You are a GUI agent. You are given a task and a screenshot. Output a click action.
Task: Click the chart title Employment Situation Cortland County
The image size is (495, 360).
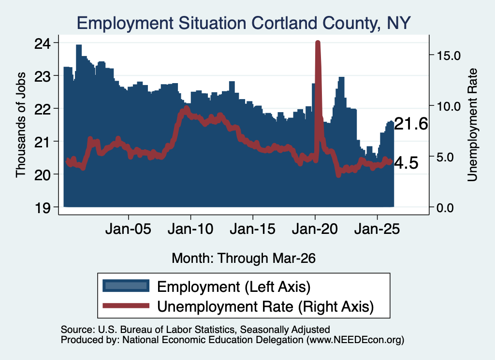(x=227, y=24)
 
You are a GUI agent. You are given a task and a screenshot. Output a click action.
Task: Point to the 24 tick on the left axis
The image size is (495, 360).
(x=43, y=43)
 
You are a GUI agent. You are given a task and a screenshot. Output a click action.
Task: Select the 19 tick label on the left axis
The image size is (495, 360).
(x=43, y=208)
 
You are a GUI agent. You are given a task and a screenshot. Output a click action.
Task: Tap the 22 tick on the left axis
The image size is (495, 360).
(x=43, y=109)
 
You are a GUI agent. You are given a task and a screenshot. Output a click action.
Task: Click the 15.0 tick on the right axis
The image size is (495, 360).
(x=449, y=56)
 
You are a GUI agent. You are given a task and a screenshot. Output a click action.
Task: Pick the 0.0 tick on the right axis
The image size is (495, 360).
(x=445, y=208)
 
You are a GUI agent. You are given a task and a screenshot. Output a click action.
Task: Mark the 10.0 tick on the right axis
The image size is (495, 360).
(x=449, y=106)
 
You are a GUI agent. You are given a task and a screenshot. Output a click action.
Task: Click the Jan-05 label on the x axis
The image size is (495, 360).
(x=128, y=229)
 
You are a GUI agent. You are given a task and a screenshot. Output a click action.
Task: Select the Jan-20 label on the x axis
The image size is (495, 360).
(x=315, y=229)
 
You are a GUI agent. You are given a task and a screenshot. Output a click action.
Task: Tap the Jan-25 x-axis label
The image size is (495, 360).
(x=377, y=229)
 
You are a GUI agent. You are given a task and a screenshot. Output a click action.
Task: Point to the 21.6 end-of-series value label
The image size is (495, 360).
(x=411, y=124)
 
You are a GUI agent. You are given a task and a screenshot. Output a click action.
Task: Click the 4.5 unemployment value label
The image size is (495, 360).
(x=406, y=163)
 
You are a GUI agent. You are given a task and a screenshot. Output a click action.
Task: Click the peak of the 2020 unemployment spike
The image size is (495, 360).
(x=318, y=43)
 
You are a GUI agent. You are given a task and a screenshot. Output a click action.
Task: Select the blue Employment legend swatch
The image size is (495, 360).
(x=126, y=286)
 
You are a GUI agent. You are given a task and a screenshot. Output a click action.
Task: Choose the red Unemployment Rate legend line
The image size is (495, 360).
(x=126, y=305)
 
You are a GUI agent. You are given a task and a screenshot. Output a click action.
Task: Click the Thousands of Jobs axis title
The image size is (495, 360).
(x=20, y=125)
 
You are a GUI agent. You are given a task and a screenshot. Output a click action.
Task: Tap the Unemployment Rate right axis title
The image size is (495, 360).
(x=472, y=125)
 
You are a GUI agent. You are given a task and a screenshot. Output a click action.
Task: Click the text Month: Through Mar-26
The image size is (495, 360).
(x=244, y=258)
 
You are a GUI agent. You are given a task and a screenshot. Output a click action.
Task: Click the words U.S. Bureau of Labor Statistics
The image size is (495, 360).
(x=166, y=330)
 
